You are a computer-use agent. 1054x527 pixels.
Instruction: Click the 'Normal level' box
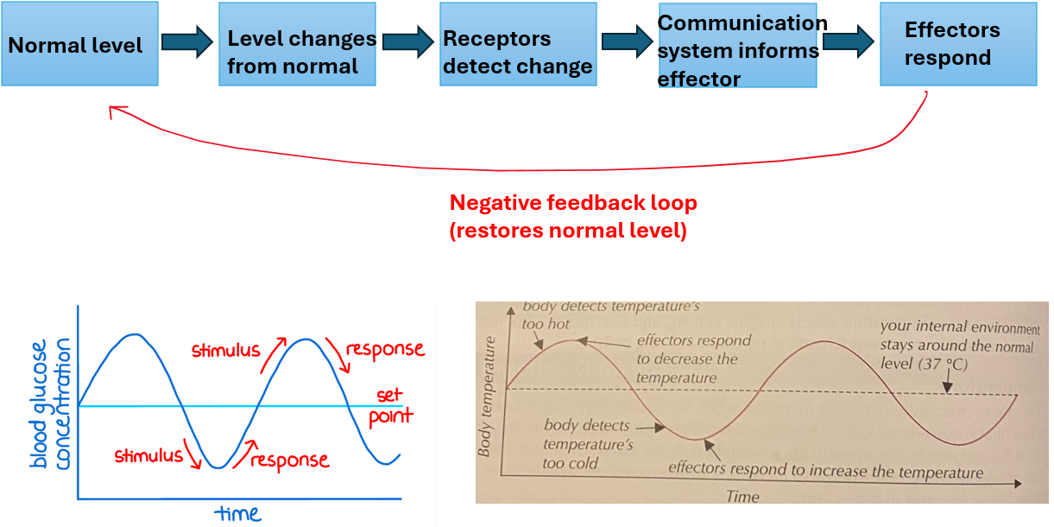point(79,44)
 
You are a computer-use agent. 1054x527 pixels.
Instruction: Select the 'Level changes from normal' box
point(297,44)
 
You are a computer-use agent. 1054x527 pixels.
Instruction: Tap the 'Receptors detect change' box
point(518,44)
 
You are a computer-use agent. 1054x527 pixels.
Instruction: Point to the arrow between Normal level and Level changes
point(187,41)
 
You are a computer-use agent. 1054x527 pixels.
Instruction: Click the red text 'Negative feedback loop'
point(573,204)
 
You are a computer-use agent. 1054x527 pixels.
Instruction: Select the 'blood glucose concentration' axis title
point(49,403)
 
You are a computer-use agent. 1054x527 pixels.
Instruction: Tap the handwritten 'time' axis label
point(238,514)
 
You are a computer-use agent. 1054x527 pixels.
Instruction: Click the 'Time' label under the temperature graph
point(742,497)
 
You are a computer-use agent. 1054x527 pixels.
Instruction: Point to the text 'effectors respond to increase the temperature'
point(826,472)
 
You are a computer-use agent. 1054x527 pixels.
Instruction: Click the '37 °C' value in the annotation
point(950,365)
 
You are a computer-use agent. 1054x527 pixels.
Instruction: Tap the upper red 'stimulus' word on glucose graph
point(225,350)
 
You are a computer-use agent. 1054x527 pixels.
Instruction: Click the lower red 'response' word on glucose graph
point(289,460)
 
